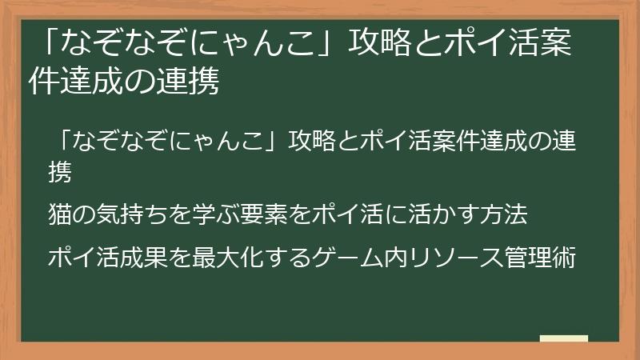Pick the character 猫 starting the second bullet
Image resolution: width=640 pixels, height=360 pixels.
(x=60, y=214)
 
